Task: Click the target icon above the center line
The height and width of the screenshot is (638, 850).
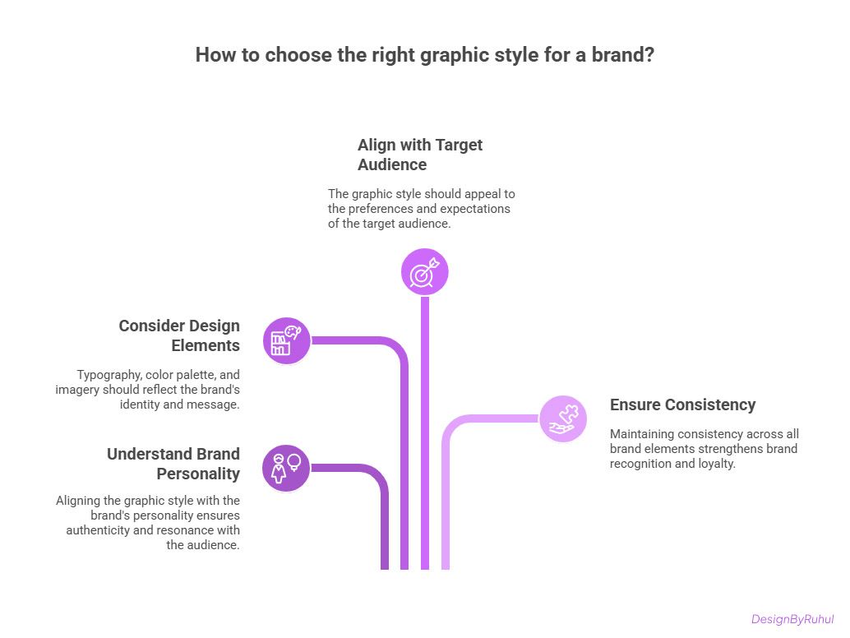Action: tap(425, 271)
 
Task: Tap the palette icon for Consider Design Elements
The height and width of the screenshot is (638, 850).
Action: tap(287, 340)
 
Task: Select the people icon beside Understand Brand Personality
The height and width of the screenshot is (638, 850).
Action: tap(286, 468)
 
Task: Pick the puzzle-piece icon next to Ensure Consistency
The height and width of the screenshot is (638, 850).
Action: tap(563, 418)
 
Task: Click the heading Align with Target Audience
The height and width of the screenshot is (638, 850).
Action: tap(420, 155)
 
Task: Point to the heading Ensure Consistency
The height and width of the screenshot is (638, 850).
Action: tap(682, 405)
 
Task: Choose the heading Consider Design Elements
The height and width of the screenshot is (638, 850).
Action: tap(179, 335)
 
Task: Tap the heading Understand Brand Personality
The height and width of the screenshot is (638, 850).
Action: tap(173, 464)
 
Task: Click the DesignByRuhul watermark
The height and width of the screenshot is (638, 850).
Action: tap(792, 619)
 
